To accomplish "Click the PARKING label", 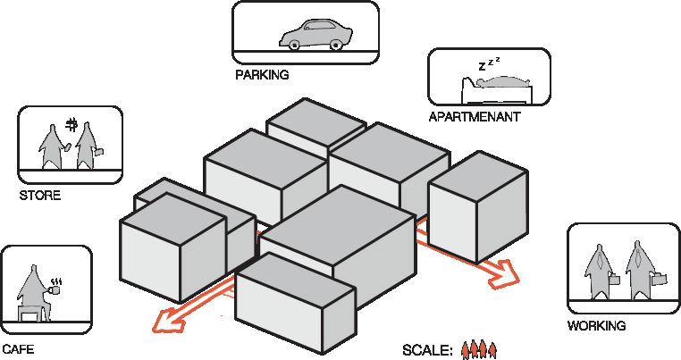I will click(262, 75).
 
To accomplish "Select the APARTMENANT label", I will click(474, 117).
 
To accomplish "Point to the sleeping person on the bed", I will click(500, 83).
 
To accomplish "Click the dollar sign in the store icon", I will click(71, 124).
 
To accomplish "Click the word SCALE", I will click(428, 349).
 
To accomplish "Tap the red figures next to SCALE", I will click(478, 348).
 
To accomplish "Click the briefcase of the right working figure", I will click(657, 280).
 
